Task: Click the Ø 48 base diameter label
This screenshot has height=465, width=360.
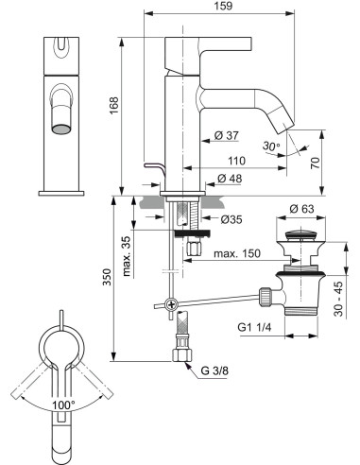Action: (231, 179)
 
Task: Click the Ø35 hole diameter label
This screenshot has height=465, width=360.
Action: (232, 220)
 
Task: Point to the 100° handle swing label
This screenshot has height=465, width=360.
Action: (64, 405)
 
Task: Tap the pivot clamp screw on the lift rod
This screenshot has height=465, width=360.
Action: (170, 303)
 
